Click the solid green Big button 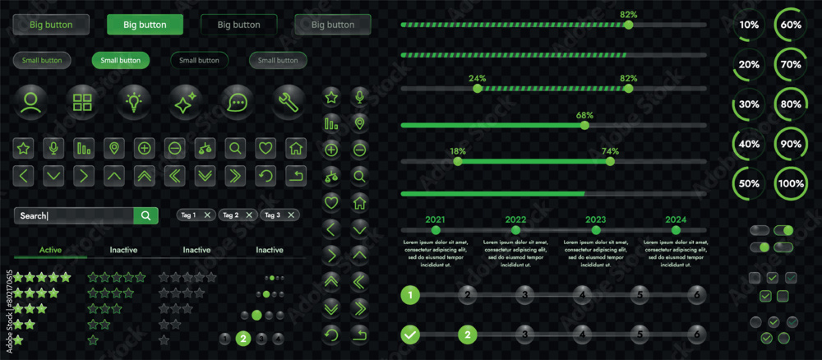coord(145,25)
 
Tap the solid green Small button coord(120,60)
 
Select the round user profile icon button coord(31,102)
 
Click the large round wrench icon coord(289,102)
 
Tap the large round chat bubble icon coord(237,102)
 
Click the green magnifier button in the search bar coord(145,215)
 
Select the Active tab coord(51,250)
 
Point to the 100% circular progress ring coord(791,184)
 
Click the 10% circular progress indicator coord(749,25)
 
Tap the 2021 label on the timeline coord(435,219)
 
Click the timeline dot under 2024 coord(676,231)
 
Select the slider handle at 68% coord(584,126)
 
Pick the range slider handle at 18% coord(458,162)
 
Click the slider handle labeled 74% coord(610,162)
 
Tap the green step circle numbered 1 coord(411,294)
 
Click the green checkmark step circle coord(411,335)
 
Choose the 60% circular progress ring coord(791,25)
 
